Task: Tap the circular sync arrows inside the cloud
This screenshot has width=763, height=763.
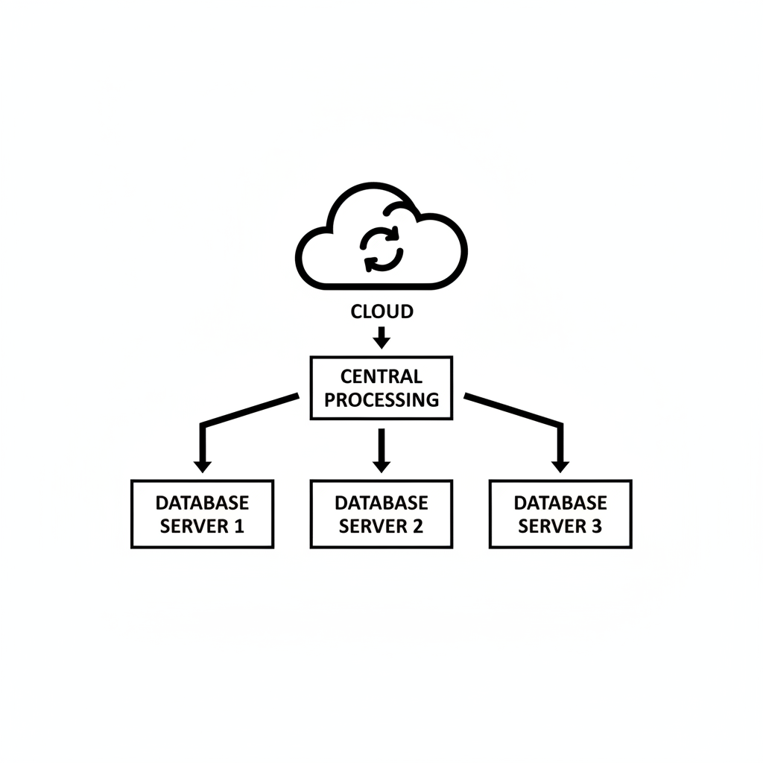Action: pos(381,248)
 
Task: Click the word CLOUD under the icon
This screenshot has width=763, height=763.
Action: pos(381,311)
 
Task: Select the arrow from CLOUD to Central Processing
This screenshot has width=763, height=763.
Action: pos(381,337)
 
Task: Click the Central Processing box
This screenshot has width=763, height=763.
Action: pos(381,387)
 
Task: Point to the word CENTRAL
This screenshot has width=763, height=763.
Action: pos(381,376)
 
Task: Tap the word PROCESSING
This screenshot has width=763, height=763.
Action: pos(381,399)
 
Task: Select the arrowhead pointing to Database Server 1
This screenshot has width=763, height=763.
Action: pos(202,466)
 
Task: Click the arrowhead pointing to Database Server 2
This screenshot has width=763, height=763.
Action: pos(381,466)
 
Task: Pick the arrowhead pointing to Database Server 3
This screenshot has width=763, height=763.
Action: pos(560,466)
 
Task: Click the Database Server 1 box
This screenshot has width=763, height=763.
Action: pos(202,514)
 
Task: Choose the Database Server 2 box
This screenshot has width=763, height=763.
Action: pos(381,514)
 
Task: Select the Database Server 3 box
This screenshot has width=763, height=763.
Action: pos(560,514)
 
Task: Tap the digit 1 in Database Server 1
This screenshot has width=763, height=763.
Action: pos(238,526)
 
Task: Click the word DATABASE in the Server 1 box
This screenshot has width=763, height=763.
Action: pos(202,503)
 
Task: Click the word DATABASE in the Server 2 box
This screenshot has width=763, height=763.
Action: pos(381,503)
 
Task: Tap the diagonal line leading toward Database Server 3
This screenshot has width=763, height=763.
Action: pos(513,409)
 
